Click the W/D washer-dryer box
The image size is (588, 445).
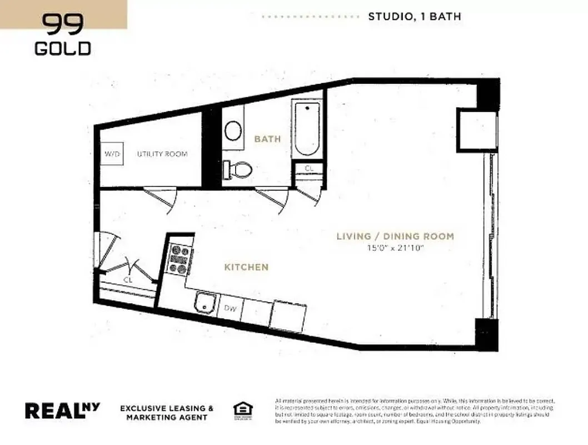tap(113, 154)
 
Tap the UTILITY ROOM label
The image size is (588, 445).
tap(162, 154)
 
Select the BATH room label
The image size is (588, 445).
tap(267, 139)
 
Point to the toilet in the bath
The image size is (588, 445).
tap(237, 169)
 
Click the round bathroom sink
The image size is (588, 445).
tap(233, 131)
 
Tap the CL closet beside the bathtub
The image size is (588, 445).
tap(308, 168)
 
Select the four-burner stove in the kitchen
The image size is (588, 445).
tap(180, 260)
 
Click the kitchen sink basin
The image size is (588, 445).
tap(205, 304)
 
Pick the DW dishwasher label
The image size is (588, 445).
tap(230, 308)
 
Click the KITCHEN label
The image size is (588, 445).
tap(246, 268)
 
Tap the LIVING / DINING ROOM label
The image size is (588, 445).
tap(395, 236)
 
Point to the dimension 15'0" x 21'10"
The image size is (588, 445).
tap(395, 248)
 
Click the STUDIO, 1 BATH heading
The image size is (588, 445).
tap(414, 17)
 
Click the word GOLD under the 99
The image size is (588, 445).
tap(63, 48)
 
